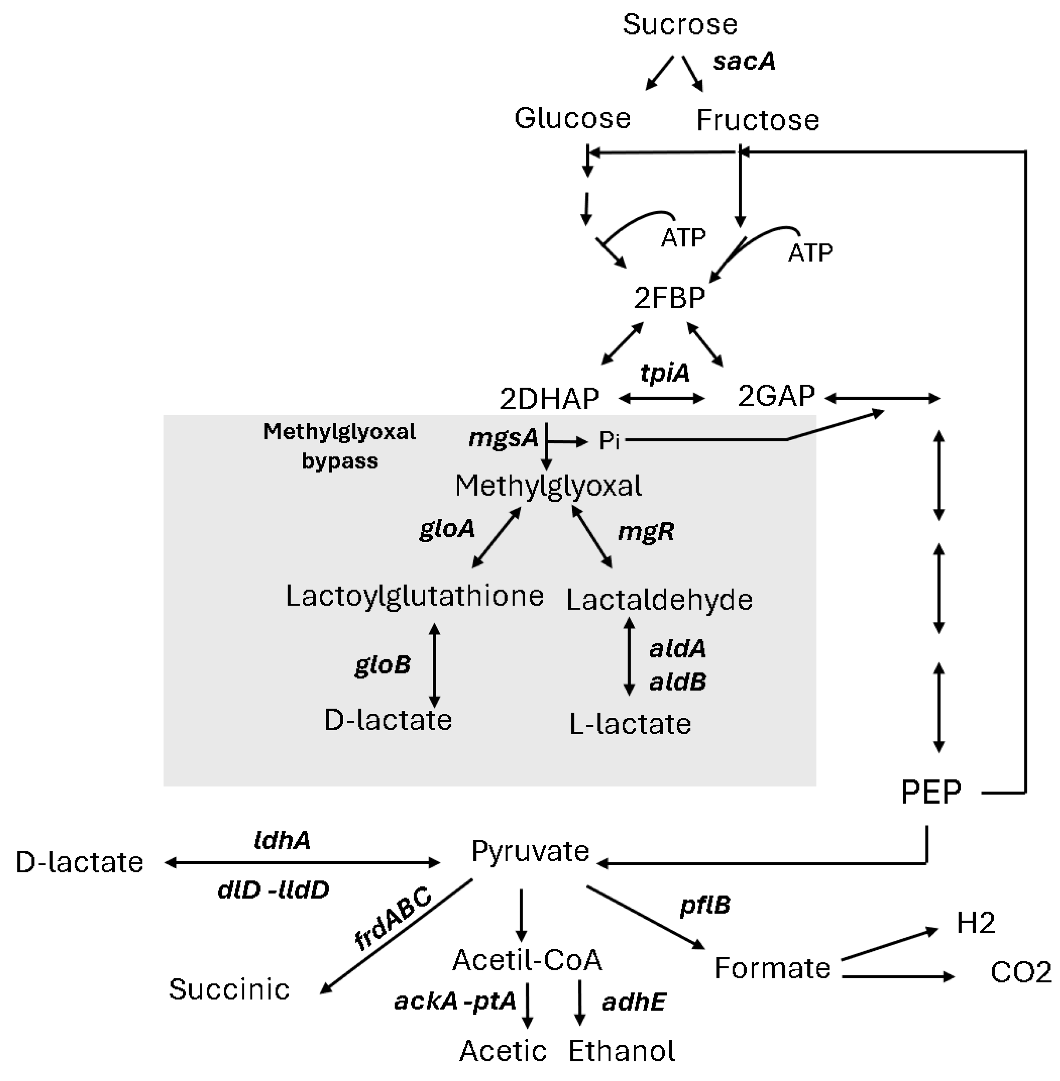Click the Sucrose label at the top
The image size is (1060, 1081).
pos(680,24)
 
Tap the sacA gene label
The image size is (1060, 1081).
pos(744,61)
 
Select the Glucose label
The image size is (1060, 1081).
pos(572,119)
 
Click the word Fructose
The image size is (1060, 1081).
pos(758,120)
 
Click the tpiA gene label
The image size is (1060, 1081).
pos(665,373)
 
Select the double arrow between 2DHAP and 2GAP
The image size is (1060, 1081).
pos(661,398)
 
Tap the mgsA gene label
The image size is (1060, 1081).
pos(503,438)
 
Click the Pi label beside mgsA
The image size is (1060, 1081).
pos(609,441)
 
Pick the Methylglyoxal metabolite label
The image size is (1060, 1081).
pos(549,486)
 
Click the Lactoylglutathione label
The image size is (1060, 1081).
pos(414,596)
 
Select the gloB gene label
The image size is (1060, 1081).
pos(383,664)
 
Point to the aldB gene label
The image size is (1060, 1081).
pos(678,682)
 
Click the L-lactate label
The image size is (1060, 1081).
pos(630,724)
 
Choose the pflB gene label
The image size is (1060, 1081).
pos(705,906)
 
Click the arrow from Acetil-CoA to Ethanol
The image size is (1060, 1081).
pos(580,1002)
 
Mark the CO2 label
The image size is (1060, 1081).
pos(1020,972)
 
